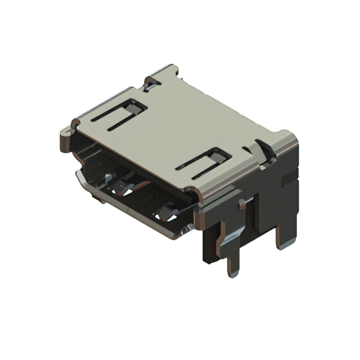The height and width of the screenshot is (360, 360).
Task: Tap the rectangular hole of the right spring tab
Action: coord(219,154)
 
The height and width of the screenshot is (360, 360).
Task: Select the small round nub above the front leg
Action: coord(242,204)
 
